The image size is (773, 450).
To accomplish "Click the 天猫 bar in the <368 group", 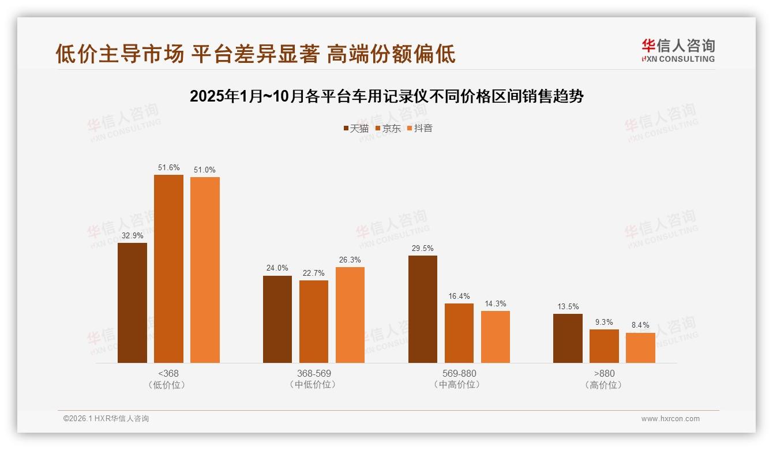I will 132,303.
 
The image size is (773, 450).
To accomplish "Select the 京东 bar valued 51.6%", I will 168,269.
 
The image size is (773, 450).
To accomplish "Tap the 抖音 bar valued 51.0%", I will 205,270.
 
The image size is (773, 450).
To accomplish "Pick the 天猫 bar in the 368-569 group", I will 277,319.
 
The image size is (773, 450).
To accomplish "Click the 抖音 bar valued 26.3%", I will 350,315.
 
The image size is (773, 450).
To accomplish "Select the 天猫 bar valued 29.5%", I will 423,309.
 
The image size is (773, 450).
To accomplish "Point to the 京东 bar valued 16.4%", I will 459,333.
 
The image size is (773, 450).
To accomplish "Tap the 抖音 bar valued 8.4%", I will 640,348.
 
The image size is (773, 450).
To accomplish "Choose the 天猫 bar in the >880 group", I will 568,338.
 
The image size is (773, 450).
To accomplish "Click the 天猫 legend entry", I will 356,128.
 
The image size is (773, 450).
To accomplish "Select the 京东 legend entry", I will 388,128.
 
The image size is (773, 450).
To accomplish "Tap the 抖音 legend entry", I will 420,128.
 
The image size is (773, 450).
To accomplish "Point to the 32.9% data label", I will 132,235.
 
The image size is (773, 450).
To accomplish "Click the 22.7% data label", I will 314,273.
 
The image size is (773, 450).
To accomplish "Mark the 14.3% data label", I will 496,303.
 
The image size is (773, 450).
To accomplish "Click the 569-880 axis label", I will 459,373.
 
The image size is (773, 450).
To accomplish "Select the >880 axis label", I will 604,373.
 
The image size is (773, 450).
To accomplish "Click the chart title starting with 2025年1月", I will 386,96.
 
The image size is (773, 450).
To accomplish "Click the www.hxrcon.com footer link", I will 670,419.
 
